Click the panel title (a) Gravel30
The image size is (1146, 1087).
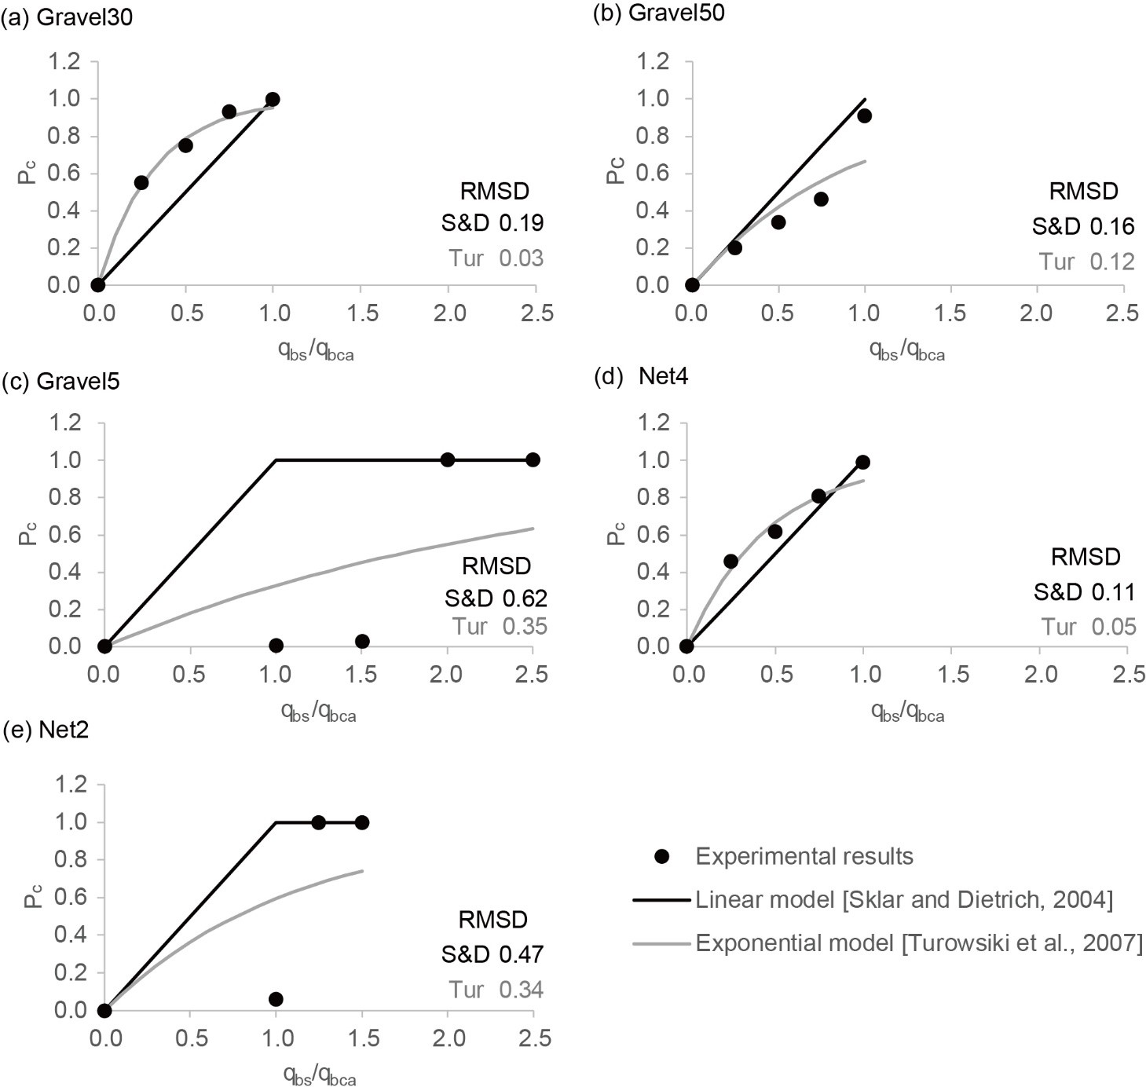pos(68,17)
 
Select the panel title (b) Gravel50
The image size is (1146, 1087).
pos(658,13)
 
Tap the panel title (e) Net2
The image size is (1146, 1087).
pos(46,730)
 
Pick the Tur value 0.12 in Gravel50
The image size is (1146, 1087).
pos(1112,262)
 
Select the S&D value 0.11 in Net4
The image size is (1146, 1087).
pos(1112,591)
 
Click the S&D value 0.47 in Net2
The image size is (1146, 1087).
pos(522,954)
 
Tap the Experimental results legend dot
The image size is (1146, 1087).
pos(662,856)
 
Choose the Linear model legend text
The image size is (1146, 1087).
pos(904,899)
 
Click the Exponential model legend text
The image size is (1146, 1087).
pos(919,942)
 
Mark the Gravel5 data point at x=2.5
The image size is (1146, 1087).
pos(533,459)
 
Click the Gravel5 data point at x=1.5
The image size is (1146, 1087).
pos(362,641)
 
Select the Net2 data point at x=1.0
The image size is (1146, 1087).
pos(276,999)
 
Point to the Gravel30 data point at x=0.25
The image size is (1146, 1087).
pos(141,182)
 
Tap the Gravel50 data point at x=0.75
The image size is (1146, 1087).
pos(821,199)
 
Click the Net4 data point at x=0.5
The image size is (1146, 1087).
pos(775,532)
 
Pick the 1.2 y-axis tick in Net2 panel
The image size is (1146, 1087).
pos(66,785)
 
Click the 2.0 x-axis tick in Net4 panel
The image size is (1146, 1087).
pos(1039,675)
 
